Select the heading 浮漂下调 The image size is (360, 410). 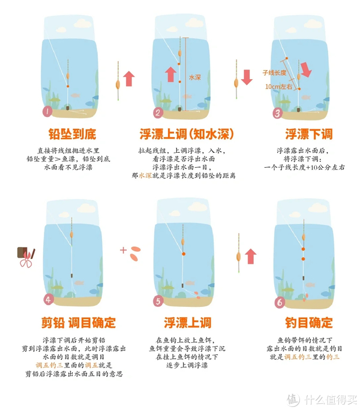pos(308,133)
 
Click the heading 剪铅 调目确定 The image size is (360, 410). pos(71,323)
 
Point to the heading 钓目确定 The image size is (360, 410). pos(308,323)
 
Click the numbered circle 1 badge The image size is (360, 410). pos(47,112)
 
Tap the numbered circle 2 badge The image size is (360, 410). pos(158,113)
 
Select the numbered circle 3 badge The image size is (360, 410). pos(278,113)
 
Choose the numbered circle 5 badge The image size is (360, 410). pos(159,301)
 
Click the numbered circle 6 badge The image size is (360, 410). pos(280,302)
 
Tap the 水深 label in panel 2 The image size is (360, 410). pos(195,77)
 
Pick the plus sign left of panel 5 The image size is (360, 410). pos(124,250)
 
